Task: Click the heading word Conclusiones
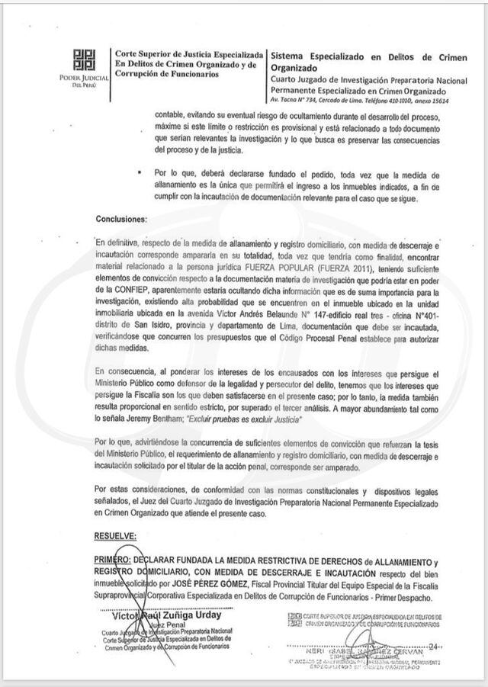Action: click(120, 220)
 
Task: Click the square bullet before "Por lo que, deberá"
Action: click(139, 173)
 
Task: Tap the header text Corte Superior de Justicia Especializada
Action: click(188, 55)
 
